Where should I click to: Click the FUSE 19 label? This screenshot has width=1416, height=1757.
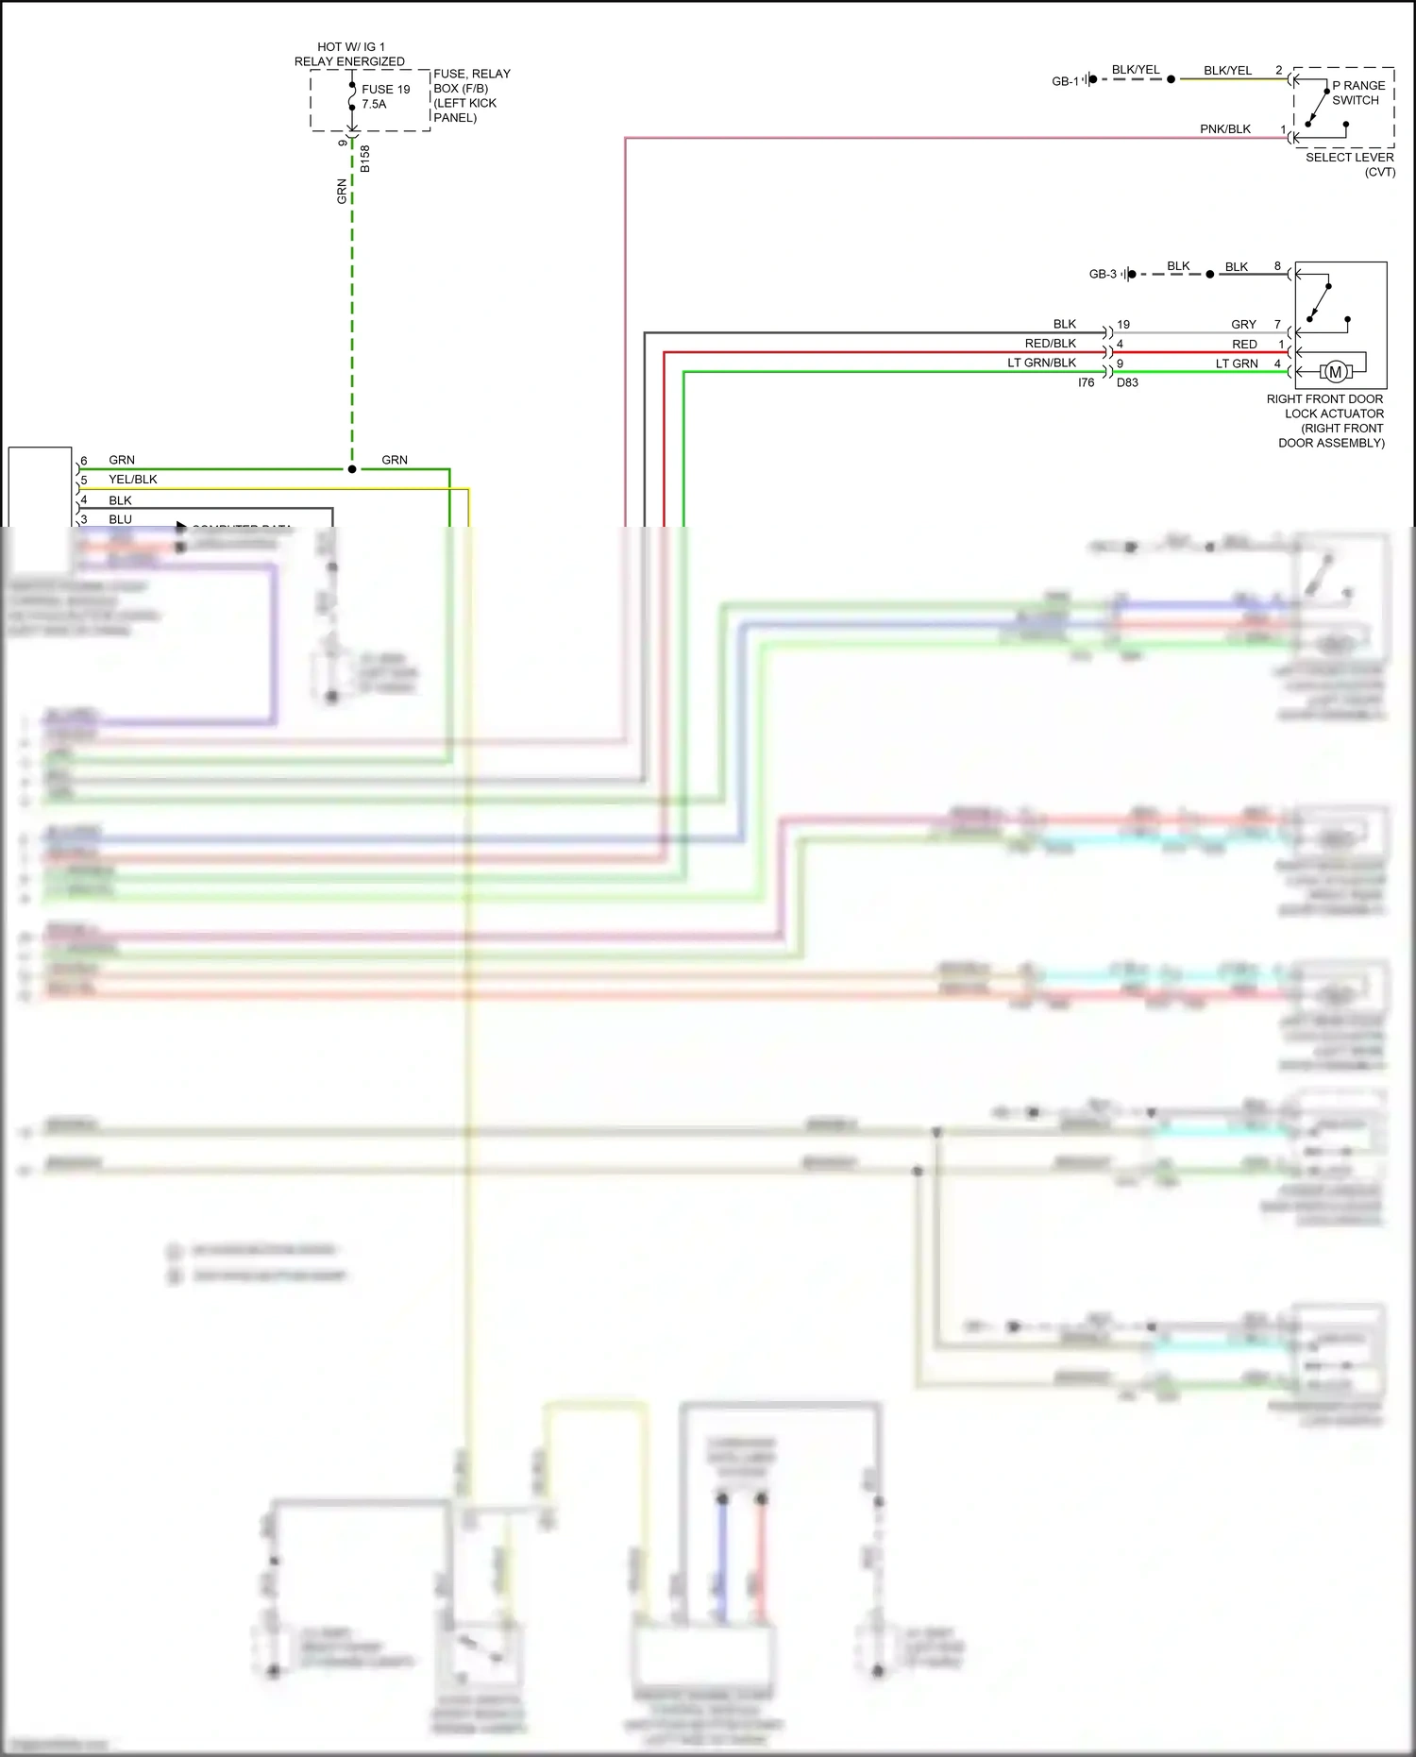385,90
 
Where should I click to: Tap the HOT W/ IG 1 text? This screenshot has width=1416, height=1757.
351,46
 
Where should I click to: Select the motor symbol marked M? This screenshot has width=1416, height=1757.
1335,372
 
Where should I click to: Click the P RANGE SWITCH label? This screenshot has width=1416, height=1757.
1358,93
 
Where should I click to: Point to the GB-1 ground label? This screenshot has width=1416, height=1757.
1065,81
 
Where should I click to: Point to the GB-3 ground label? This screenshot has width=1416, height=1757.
1103,274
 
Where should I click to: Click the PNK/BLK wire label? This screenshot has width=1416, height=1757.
1225,129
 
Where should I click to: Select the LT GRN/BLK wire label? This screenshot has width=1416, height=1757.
1041,363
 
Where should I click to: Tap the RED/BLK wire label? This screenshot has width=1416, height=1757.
1050,344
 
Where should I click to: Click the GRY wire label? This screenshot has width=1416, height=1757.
1243,324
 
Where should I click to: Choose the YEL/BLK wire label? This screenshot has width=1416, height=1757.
133,480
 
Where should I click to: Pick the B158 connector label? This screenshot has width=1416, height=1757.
365,159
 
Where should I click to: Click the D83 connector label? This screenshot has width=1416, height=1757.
1127,382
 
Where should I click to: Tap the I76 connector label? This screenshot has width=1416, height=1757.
1086,382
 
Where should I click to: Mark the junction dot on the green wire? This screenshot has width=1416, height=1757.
352,469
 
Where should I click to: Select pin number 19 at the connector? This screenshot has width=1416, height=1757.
1123,324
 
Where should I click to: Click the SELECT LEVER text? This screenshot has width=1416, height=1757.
1350,157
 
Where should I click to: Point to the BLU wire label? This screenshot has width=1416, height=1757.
120,519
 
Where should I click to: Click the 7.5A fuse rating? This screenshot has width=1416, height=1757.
374,104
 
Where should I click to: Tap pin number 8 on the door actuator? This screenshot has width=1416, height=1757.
1277,266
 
